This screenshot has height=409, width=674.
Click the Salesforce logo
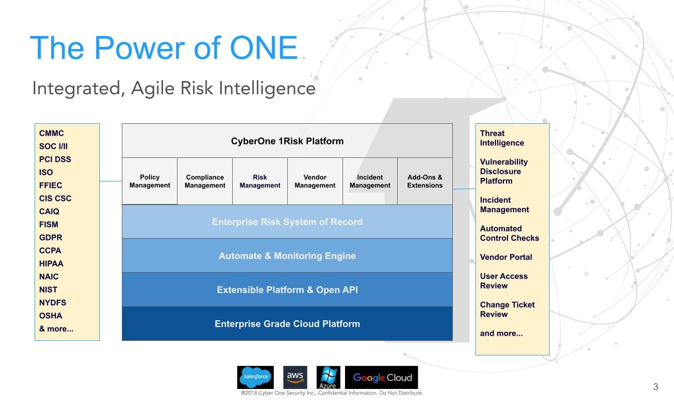tap(255, 377)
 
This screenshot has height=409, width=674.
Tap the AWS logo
tap(295, 377)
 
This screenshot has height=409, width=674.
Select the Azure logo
tap(328, 377)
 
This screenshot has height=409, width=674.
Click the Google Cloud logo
tap(381, 377)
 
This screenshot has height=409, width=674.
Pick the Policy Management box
tap(149, 181)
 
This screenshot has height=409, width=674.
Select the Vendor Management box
tap(315, 181)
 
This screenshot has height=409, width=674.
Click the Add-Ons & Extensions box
tap(425, 181)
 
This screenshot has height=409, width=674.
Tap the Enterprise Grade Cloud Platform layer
tap(287, 324)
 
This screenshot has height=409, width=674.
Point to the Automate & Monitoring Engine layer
tap(287, 256)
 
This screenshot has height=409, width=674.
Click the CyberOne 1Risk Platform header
tap(287, 141)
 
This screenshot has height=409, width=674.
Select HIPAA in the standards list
tap(51, 264)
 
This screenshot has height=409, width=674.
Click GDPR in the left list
tap(51, 238)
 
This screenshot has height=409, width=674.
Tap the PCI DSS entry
tap(55, 159)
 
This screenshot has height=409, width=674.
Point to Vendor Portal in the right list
tap(506, 257)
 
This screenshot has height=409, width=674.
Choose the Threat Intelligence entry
tap(502, 138)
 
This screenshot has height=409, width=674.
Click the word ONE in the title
tap(264, 48)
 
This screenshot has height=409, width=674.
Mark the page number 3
tap(655, 387)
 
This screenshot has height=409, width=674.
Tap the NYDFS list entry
tap(53, 303)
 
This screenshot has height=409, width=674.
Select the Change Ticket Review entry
tap(508, 309)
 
